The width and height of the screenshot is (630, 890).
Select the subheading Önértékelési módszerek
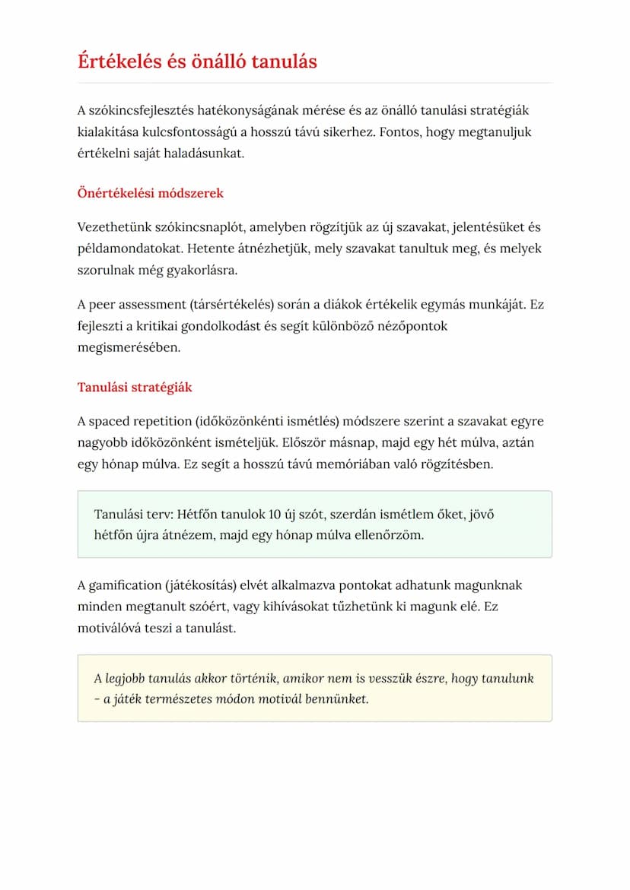[151, 193]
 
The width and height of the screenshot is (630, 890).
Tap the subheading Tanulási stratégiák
[135, 388]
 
